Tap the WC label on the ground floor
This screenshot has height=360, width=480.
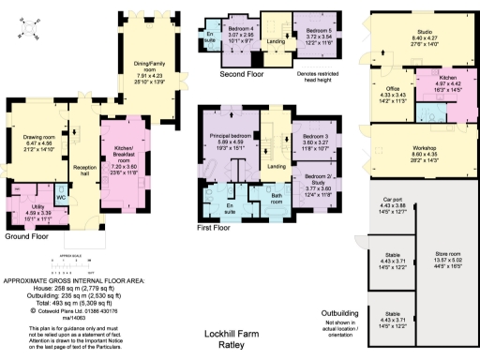click(x=60, y=198)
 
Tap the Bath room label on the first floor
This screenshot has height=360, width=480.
click(x=277, y=199)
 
